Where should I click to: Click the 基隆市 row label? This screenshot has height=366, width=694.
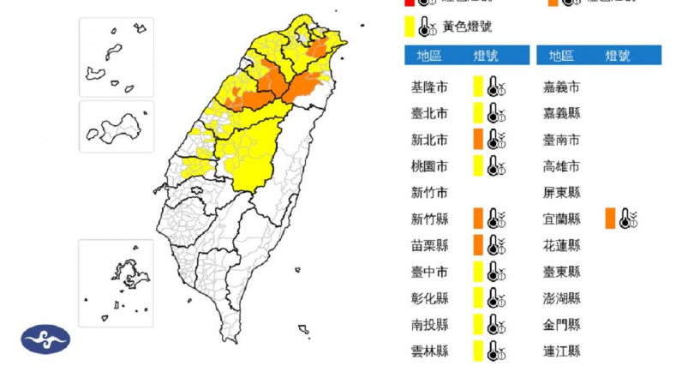429,87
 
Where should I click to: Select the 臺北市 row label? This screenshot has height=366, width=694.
429,113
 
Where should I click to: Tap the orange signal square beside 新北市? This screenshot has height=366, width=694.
478,139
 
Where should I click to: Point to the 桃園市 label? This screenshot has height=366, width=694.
429,165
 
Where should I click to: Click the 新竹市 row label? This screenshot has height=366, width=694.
429,192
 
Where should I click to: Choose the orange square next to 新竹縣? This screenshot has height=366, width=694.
478,219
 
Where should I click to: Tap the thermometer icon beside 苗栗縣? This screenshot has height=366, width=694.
495,245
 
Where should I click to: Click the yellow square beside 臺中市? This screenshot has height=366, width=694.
478,272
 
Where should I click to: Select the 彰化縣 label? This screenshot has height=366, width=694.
429,298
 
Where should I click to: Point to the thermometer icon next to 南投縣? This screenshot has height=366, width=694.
495,325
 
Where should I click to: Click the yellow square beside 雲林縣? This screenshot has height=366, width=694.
478,351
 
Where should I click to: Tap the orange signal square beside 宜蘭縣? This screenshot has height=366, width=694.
610,219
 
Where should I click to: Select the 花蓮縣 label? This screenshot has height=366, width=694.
562,245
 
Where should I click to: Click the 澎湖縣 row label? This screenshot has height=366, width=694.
562,298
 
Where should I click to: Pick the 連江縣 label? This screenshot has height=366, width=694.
562,351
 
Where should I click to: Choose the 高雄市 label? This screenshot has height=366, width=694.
562,165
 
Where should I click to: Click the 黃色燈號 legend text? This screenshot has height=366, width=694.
467,27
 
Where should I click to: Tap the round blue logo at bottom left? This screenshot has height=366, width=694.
45,339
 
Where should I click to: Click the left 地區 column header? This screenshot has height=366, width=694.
429,56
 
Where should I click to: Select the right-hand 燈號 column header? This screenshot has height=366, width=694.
617,56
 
